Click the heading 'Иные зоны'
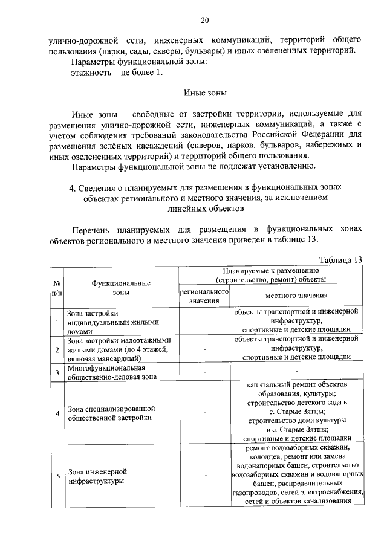[x=205, y=94]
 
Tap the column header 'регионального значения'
[x=205, y=296]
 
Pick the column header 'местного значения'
[x=296, y=296]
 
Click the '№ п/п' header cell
[x=57, y=287]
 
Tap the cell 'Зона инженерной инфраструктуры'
[x=97, y=476]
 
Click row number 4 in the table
[x=57, y=413]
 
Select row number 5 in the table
[x=57, y=476]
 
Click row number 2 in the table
[x=57, y=349]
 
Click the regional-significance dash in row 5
[x=205, y=476]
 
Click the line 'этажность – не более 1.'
[x=117, y=73]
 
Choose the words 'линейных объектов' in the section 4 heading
[x=205, y=209]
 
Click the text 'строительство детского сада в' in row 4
[x=296, y=401]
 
